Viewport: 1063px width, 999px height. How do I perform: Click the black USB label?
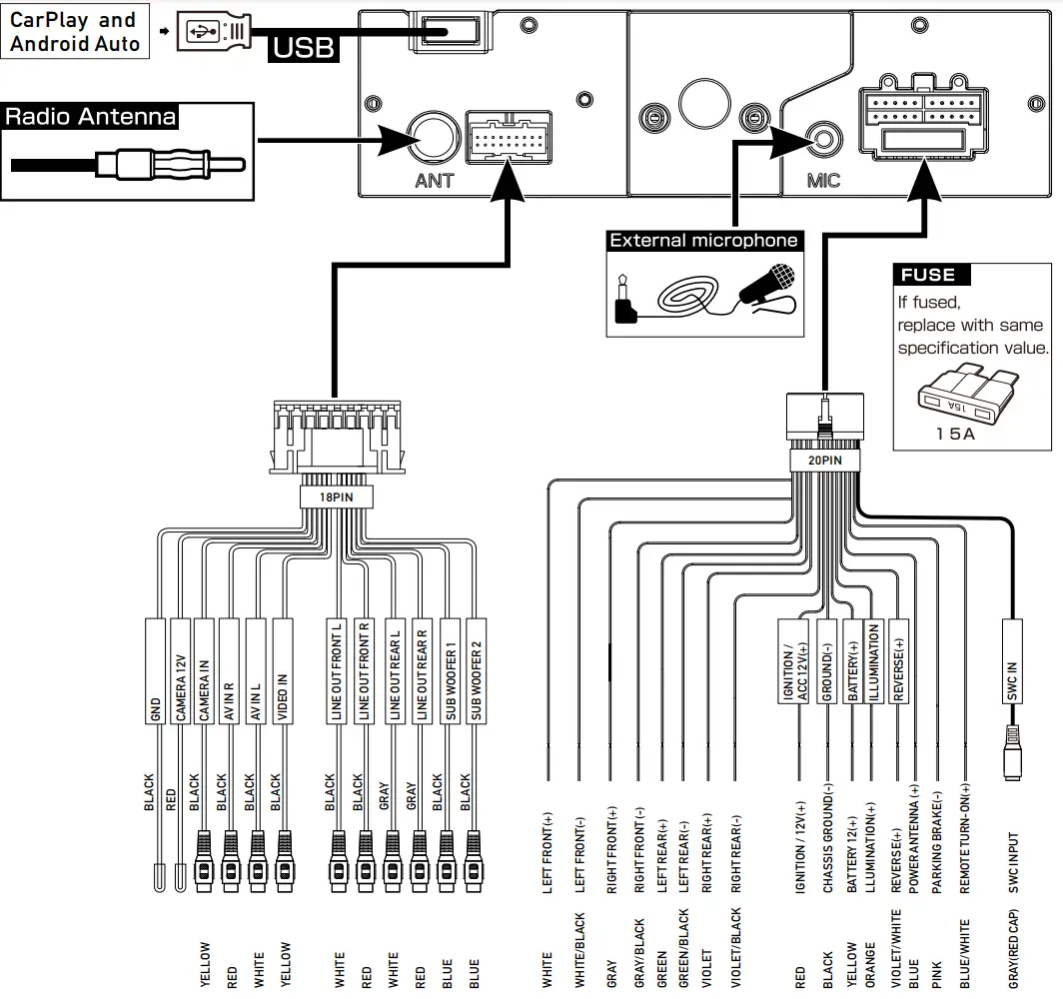[302, 46]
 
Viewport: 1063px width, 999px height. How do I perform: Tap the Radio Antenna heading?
[90, 116]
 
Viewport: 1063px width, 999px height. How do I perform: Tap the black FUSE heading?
[929, 275]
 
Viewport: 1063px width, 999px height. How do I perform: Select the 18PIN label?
[335, 496]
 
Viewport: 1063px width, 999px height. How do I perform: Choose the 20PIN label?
[824, 461]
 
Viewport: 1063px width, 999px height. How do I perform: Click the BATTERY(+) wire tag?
[852, 663]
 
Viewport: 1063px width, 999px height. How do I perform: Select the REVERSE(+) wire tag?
[897, 663]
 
